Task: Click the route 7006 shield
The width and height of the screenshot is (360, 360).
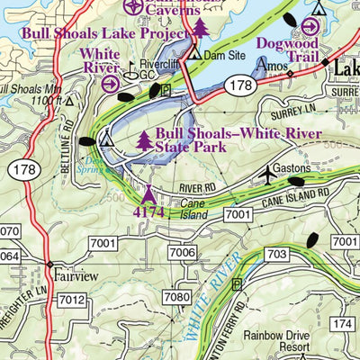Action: pos(182,253)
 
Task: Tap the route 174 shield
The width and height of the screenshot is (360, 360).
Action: pos(342,323)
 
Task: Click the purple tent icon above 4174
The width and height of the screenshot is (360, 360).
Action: pos(148,194)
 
